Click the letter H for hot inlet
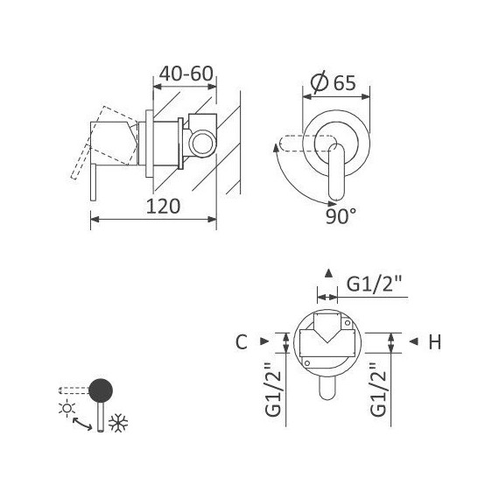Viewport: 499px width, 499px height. (433, 342)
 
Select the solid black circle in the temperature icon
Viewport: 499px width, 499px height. (102, 389)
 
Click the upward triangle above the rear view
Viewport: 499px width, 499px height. (327, 272)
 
